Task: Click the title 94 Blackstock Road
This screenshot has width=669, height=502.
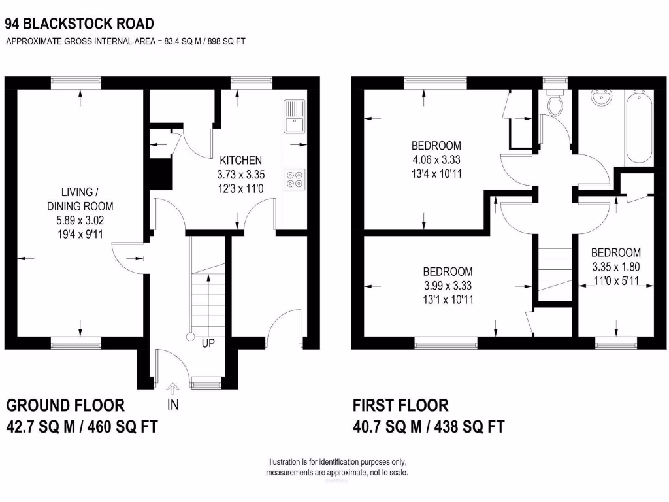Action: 80,24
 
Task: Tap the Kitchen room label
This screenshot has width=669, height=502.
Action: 240,160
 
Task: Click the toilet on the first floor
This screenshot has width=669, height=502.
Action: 556,104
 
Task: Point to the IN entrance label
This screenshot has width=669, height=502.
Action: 173,405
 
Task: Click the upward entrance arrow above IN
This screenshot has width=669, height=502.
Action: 173,388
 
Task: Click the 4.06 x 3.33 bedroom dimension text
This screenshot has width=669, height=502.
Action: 436,159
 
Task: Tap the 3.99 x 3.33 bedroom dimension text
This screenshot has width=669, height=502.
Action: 448,286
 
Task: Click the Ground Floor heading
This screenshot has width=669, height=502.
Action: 65,405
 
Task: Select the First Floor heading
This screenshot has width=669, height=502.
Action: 400,405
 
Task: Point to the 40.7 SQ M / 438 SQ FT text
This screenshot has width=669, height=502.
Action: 429,427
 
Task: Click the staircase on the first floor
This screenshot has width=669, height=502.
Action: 554,268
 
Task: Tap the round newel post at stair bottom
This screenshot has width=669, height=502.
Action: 191,337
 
